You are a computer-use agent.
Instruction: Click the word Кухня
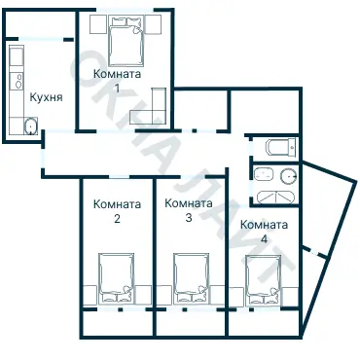46,97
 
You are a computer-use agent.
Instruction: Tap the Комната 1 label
117,80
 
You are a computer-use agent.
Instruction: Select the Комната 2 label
117,211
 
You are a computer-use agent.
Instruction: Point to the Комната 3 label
189,210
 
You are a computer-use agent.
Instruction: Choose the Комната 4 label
264,232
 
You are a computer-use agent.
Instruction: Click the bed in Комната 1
126,42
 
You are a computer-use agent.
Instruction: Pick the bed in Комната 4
263,280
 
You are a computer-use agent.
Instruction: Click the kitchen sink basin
30,126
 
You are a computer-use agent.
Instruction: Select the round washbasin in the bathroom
289,175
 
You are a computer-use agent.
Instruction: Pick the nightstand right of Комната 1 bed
153,24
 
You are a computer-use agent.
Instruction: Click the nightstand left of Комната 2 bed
90,295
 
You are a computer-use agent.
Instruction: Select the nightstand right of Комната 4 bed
290,296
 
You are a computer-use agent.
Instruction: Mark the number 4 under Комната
265,239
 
